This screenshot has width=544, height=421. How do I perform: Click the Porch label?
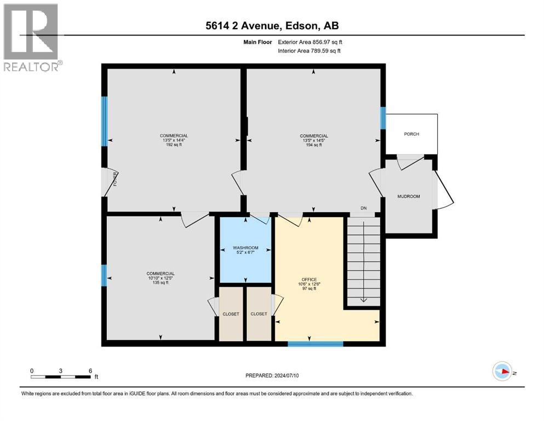(x=411, y=134)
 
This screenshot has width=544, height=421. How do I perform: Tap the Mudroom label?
(x=409, y=196)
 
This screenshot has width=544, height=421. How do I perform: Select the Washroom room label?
(x=245, y=248)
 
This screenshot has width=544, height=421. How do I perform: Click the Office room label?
(x=309, y=280)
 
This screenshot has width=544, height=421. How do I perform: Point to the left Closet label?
(x=231, y=314)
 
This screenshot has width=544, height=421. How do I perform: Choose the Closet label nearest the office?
(x=259, y=314)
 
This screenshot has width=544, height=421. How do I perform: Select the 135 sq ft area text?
(x=160, y=283)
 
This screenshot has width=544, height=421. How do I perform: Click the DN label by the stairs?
(x=363, y=208)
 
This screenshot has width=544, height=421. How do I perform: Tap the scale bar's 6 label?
(x=90, y=370)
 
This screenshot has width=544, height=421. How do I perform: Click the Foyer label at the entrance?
(x=115, y=180)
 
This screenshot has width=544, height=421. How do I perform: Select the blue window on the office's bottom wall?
(x=315, y=344)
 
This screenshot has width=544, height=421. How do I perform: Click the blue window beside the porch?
(x=383, y=117)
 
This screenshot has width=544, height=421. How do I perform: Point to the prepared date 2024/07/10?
(x=272, y=376)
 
